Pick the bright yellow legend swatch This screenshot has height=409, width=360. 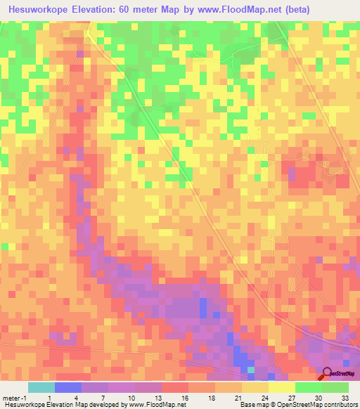(x=282, y=387)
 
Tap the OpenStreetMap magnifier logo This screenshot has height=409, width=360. (x=328, y=373)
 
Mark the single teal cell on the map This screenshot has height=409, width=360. (x=250, y=369)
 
